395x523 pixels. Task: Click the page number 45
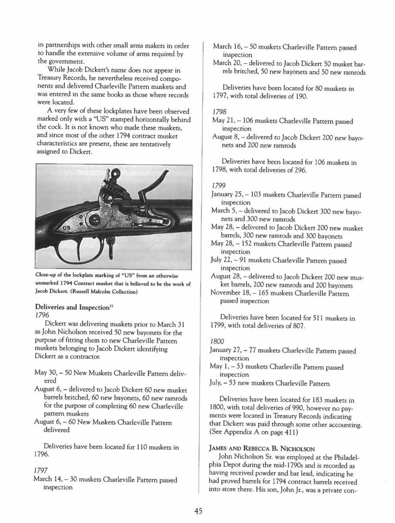point(198,511)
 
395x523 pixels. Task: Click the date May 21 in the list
point(223,121)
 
